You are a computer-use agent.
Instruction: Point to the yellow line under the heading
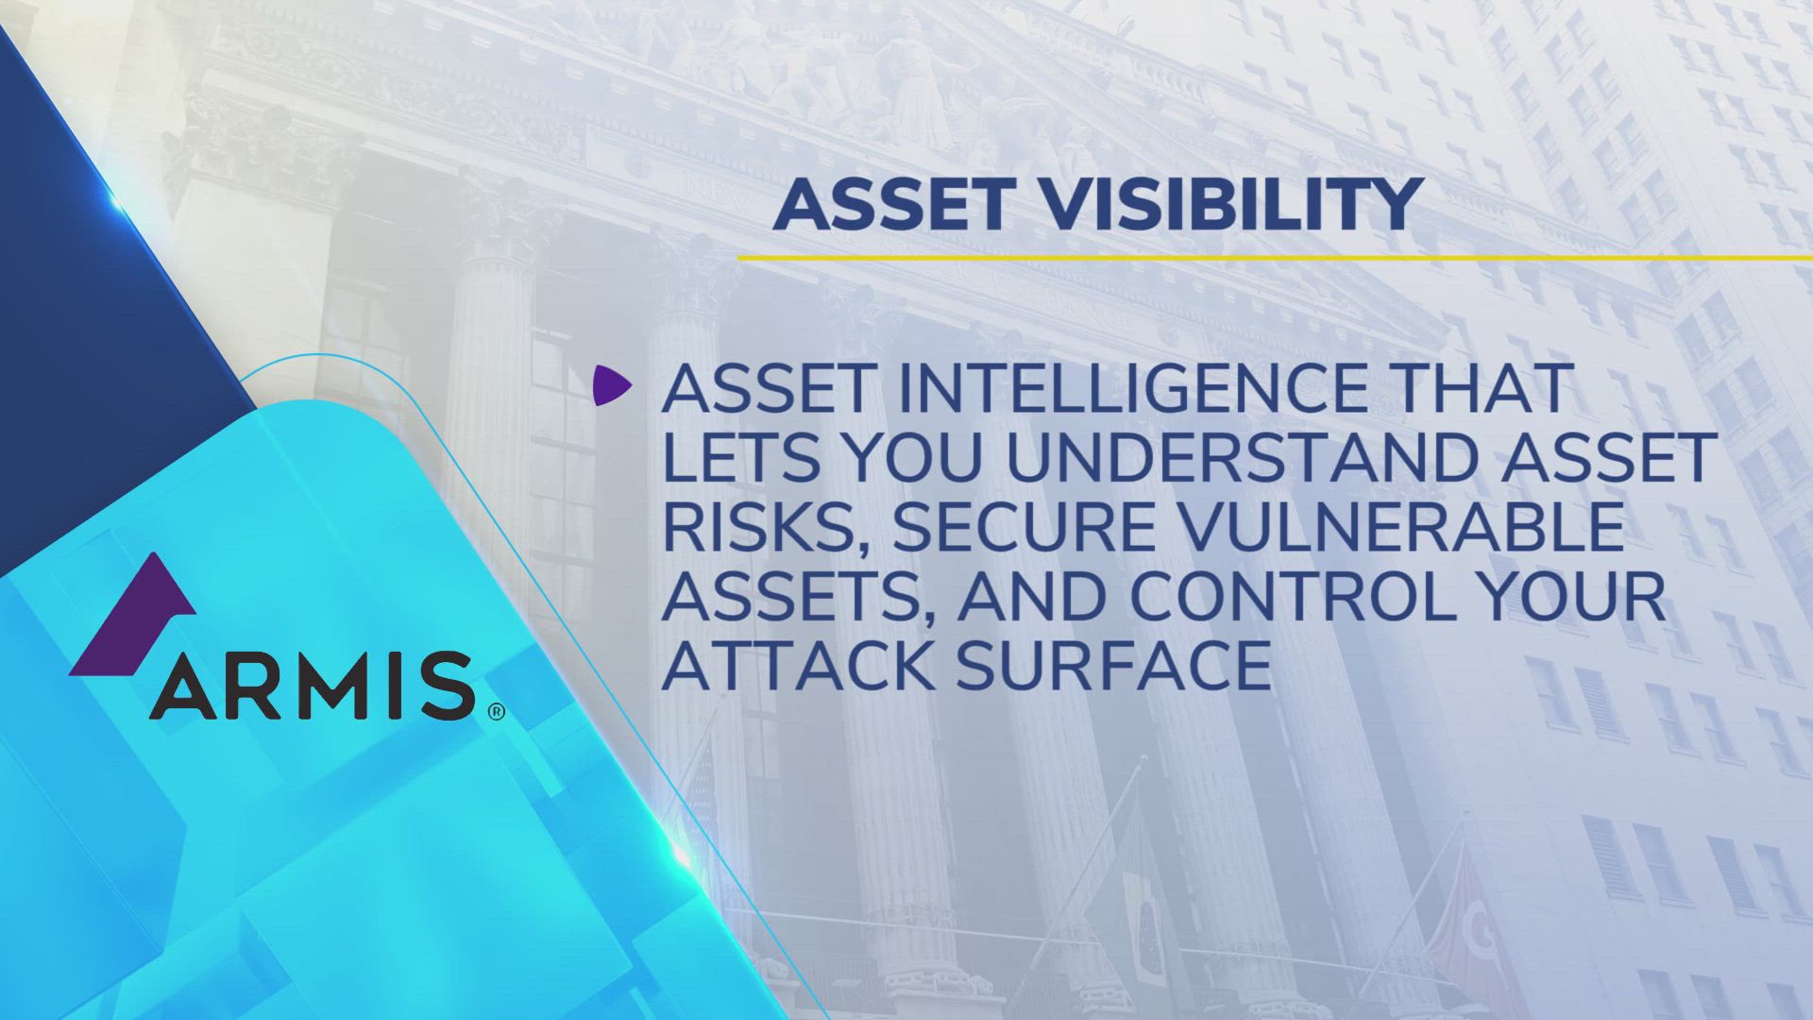(x=1275, y=257)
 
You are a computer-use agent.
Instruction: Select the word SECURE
(x=1025, y=527)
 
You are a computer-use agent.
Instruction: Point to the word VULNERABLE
(x=1402, y=527)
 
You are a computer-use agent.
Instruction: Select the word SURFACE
(x=1114, y=666)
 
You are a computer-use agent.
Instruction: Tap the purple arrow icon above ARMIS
(x=137, y=614)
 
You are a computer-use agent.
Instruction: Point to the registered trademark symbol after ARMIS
(x=496, y=711)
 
